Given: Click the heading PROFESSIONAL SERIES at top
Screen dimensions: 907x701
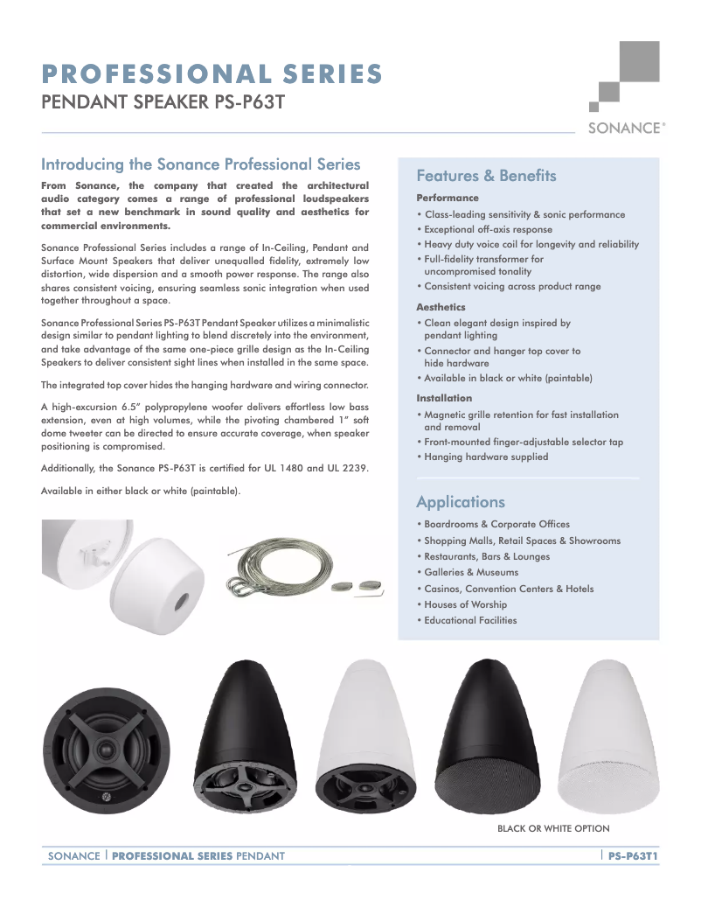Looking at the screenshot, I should (212, 73).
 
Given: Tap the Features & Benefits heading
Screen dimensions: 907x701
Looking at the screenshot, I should (486, 176).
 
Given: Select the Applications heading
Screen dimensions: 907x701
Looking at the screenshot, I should (461, 502).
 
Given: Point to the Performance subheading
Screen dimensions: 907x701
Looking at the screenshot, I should (448, 199).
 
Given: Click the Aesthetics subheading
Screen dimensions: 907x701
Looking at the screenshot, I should (441, 307).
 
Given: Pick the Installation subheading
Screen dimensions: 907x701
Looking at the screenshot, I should (444, 398).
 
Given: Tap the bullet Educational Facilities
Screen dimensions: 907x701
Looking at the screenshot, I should (470, 620).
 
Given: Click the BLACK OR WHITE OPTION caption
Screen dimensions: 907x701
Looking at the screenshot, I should (553, 828).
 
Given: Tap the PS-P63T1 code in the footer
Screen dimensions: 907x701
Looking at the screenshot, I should (633, 855).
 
